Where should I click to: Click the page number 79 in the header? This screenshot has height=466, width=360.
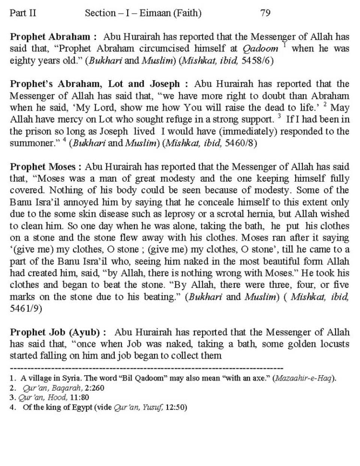click(x=265, y=13)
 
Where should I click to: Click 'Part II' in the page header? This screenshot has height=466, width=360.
click(x=23, y=13)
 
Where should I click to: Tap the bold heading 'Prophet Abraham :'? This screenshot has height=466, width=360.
click(x=53, y=37)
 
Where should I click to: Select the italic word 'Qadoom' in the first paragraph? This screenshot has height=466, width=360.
click(x=261, y=49)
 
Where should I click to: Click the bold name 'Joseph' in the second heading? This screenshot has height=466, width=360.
click(x=165, y=84)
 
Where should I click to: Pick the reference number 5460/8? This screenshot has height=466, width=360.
click(x=240, y=143)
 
